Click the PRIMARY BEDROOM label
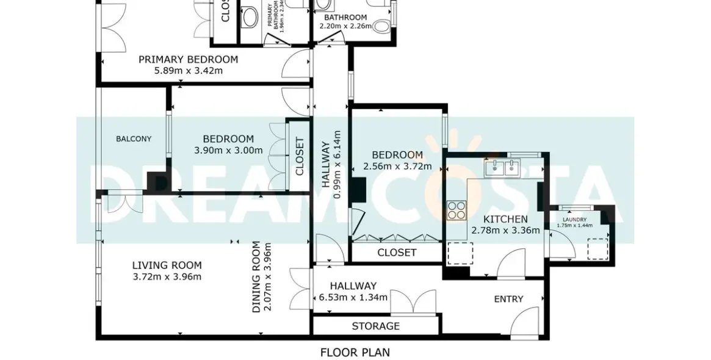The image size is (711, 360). [188, 59]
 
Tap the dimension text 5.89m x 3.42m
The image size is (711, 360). [188, 70]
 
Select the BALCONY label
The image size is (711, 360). [134, 139]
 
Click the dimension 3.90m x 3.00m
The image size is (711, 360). [228, 150]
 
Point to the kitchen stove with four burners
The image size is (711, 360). [455, 210]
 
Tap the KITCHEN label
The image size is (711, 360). [505, 219]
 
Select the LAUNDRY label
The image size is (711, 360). [574, 220]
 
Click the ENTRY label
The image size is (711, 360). [508, 299]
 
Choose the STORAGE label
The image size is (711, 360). [375, 326]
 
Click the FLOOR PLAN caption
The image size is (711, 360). [355, 352]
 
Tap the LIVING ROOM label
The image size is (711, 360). [167, 265]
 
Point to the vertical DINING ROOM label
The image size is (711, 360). [256, 277]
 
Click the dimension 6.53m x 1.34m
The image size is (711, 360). [353, 298]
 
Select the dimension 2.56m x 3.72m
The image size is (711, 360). [397, 166]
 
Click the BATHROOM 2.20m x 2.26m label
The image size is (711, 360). [345, 21]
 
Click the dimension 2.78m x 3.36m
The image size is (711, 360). [505, 231]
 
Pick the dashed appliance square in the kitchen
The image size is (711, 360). [460, 253]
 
